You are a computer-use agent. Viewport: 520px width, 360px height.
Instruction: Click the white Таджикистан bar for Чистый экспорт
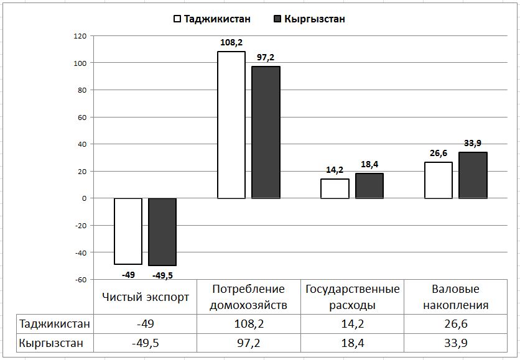pos(128,231)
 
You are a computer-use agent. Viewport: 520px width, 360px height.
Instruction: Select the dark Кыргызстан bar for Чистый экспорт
pos(162,231)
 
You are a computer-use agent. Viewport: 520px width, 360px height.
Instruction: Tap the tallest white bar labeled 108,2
pos(231,124)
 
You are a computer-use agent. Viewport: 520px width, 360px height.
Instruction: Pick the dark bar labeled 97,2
pos(266,132)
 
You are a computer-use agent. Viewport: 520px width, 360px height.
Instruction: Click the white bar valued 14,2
pos(335,188)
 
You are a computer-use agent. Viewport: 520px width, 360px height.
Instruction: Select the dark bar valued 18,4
pos(369,186)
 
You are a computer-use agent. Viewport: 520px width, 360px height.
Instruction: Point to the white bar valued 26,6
pos(439,180)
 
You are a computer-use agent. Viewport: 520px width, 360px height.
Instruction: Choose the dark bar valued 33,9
pos(473,175)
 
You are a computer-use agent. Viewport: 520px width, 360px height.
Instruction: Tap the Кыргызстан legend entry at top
pos(309,19)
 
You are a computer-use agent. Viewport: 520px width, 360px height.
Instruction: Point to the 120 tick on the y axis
pos(80,36)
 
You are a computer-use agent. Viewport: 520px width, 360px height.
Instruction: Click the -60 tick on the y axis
pos(80,280)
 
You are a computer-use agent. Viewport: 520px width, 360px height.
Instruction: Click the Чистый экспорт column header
pos(146,297)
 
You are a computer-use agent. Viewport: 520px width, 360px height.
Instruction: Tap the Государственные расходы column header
pos(352,297)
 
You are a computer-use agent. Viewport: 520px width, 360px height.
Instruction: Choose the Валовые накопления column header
pos(455,297)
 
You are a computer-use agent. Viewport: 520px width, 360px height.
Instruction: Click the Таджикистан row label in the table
pos(55,324)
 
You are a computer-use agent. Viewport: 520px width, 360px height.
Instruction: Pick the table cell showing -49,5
pos(146,343)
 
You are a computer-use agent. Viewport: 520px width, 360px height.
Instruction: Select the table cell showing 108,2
pos(249,324)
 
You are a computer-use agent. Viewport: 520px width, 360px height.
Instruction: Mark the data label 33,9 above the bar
pos(473,144)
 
